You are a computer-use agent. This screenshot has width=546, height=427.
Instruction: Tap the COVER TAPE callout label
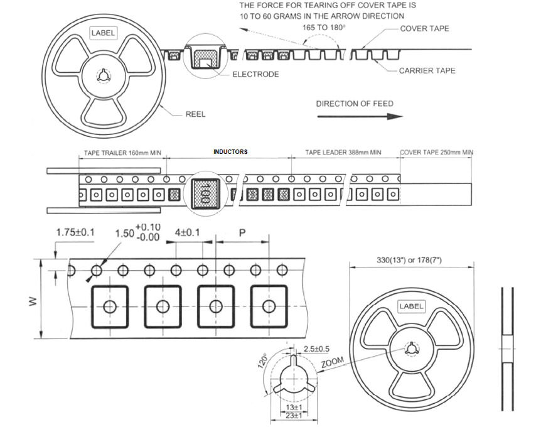[425, 29]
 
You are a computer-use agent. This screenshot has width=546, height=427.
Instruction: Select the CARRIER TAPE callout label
[427, 71]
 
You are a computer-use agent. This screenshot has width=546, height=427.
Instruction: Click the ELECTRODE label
[256, 74]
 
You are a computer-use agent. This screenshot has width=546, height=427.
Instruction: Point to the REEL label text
[195, 114]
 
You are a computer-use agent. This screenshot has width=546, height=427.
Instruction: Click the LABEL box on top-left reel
[104, 33]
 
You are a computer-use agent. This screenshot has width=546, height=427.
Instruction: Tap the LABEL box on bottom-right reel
[412, 306]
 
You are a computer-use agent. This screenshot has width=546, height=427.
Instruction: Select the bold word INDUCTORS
[230, 152]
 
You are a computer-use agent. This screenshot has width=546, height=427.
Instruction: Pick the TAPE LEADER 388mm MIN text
[343, 153]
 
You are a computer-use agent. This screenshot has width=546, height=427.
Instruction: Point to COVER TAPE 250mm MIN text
[437, 153]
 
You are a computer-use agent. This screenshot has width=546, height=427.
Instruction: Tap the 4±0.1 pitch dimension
[188, 233]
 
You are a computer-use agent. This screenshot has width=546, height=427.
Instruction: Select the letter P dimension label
[242, 233]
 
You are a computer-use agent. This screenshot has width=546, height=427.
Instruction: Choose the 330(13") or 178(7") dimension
[412, 259]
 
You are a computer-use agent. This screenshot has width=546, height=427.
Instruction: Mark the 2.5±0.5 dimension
[317, 349]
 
